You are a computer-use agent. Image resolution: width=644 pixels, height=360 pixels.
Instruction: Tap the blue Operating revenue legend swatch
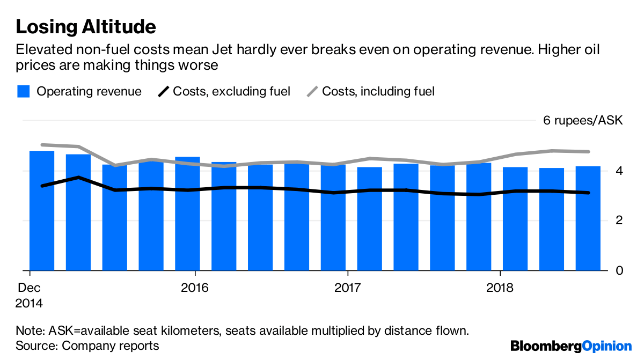pyautogui.click(x=23, y=92)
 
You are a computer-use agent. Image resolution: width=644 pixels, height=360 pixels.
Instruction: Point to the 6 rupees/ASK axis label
pyautogui.click(x=582, y=120)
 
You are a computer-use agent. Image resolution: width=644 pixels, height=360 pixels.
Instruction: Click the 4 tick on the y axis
pyautogui.click(x=618, y=171)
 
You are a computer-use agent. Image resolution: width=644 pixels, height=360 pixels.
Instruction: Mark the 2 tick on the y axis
pyautogui.click(x=618, y=221)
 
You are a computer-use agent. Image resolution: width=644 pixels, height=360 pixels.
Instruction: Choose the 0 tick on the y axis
pyautogui.click(x=618, y=270)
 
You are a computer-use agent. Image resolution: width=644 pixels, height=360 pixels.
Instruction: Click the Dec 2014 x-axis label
pyautogui.click(x=30, y=295)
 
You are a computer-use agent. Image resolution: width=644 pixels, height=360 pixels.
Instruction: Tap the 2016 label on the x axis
pyautogui.click(x=195, y=288)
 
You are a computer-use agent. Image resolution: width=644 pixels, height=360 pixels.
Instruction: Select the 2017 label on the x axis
pyautogui.click(x=348, y=288)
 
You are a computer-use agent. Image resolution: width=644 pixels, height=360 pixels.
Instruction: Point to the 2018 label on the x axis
pyautogui.click(x=500, y=288)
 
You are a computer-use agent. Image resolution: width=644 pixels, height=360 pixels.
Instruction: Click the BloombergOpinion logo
pyautogui.click(x=571, y=346)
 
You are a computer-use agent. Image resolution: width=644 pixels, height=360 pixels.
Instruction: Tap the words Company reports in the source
pyautogui.click(x=111, y=346)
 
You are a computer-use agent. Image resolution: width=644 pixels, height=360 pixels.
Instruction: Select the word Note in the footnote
pyautogui.click(x=27, y=330)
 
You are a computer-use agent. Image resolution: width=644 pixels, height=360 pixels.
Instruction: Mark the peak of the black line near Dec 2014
pyautogui.click(x=78, y=177)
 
